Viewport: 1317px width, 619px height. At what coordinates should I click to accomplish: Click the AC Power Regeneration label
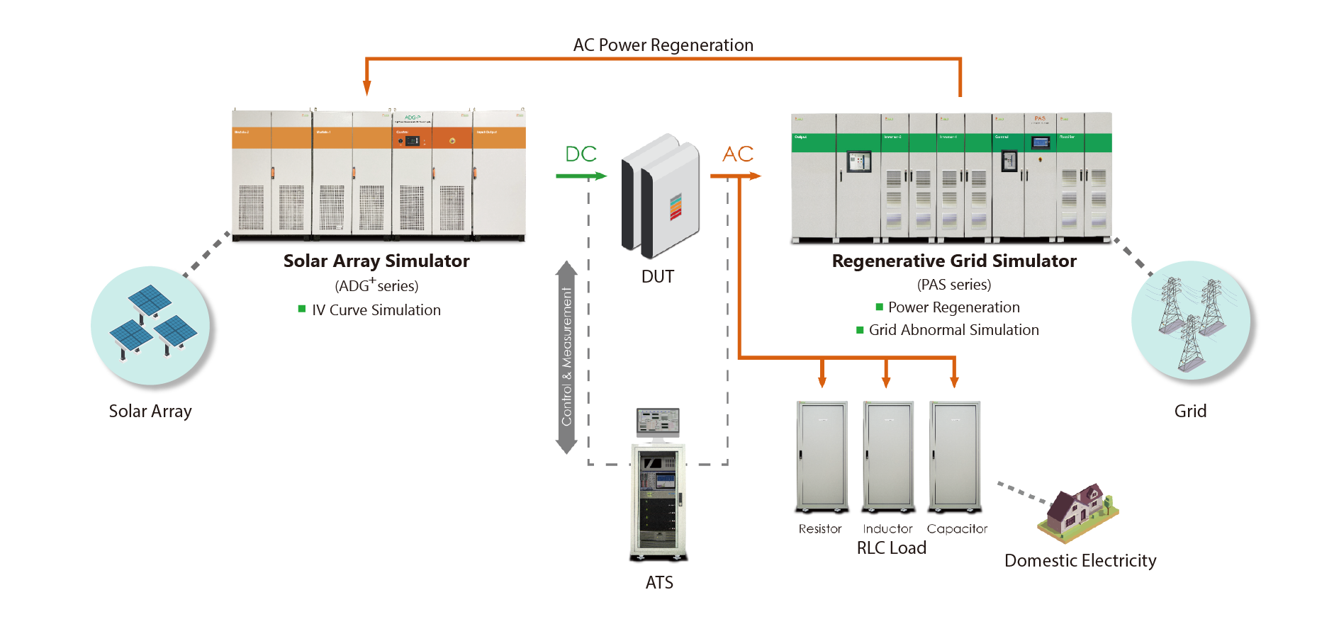663,45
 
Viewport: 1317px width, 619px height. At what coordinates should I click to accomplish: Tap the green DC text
581,154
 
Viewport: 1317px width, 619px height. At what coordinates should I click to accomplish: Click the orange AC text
737,154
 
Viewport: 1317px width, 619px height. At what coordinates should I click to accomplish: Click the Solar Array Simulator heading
376,261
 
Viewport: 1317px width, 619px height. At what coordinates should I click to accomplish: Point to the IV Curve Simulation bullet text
376,310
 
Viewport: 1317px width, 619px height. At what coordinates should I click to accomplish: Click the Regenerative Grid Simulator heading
953,261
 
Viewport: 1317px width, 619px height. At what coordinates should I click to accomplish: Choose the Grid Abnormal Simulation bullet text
953,330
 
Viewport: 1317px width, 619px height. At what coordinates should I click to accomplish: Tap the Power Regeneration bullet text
953,307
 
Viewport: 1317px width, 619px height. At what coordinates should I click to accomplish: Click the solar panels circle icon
150,326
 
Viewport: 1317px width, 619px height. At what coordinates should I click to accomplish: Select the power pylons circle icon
1190,320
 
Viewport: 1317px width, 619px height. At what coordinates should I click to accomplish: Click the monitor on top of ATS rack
658,421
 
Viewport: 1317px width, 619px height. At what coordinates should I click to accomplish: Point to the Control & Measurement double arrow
566,357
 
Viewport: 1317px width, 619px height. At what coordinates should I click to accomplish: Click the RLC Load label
891,548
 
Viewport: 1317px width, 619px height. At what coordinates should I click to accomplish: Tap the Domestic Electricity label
1080,561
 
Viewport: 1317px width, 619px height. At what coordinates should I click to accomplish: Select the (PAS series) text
953,285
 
